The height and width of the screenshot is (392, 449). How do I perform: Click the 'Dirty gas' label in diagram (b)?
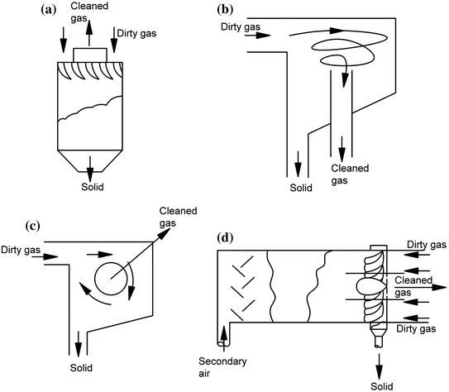coord(240,27)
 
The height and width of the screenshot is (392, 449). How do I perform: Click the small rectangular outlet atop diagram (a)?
coord(89,55)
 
